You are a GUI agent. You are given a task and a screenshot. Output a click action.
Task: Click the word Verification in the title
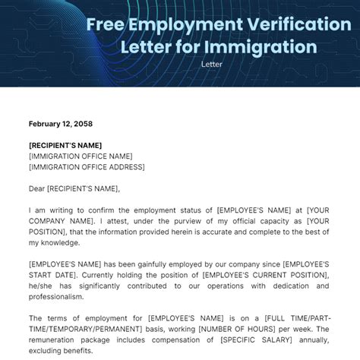[x=286, y=24]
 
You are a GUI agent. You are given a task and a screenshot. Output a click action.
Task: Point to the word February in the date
[x=46, y=124]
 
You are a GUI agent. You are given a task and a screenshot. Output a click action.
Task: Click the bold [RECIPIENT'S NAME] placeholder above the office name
[x=65, y=145]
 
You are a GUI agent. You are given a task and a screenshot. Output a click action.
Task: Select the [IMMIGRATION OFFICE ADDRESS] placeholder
[x=87, y=167]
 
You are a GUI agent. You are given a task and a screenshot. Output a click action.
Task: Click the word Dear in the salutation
[x=37, y=188]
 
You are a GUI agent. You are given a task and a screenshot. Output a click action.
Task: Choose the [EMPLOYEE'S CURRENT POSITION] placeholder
[x=270, y=274]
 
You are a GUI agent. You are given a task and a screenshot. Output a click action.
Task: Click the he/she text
[x=43, y=286]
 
